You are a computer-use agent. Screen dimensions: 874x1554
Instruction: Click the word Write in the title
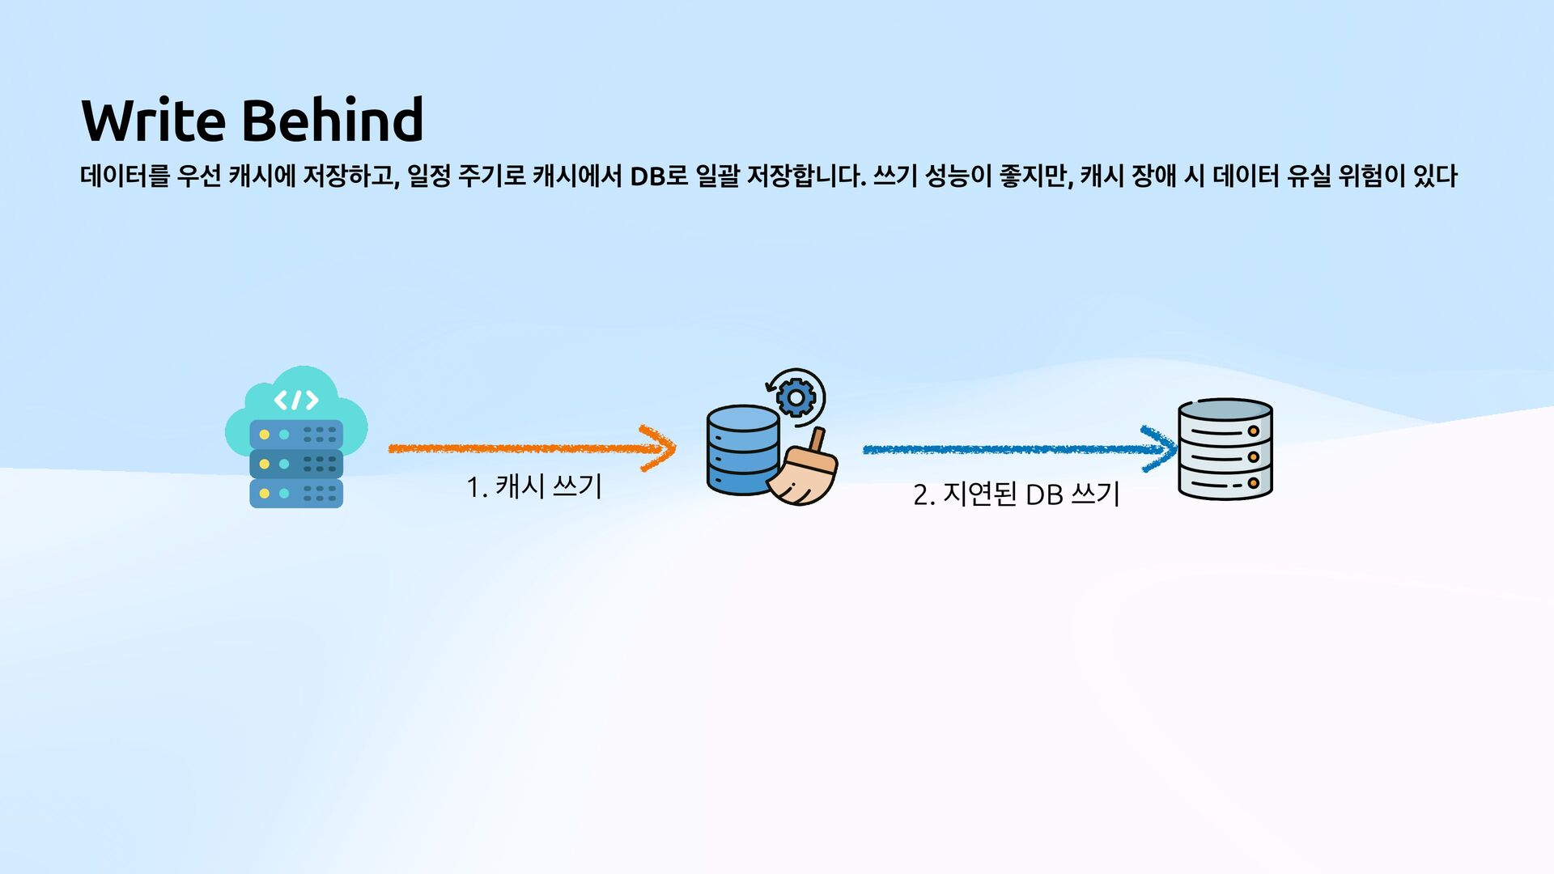pyautogui.click(x=153, y=120)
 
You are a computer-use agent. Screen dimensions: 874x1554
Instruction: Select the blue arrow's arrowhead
pyautogui.click(x=1162, y=449)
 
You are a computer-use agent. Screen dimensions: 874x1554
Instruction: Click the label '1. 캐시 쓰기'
pyautogui.click(x=534, y=487)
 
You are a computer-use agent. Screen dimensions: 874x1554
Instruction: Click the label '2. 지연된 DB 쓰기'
pyautogui.click(x=1016, y=494)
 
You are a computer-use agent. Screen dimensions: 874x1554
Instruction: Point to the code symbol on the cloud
pyautogui.click(x=295, y=400)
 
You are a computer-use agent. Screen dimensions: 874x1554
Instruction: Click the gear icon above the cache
pyautogui.click(x=796, y=397)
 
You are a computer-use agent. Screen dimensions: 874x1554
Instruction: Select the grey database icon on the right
pyautogui.click(x=1225, y=449)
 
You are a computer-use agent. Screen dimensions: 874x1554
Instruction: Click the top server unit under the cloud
pyautogui.click(x=296, y=435)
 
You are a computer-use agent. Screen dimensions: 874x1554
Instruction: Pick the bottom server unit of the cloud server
pyautogui.click(x=296, y=493)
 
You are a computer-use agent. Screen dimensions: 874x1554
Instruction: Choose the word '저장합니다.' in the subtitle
pyautogui.click(x=806, y=176)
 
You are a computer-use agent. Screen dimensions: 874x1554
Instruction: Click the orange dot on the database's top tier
pyautogui.click(x=1253, y=431)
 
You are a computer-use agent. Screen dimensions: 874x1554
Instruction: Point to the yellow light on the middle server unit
pyautogui.click(x=265, y=464)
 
